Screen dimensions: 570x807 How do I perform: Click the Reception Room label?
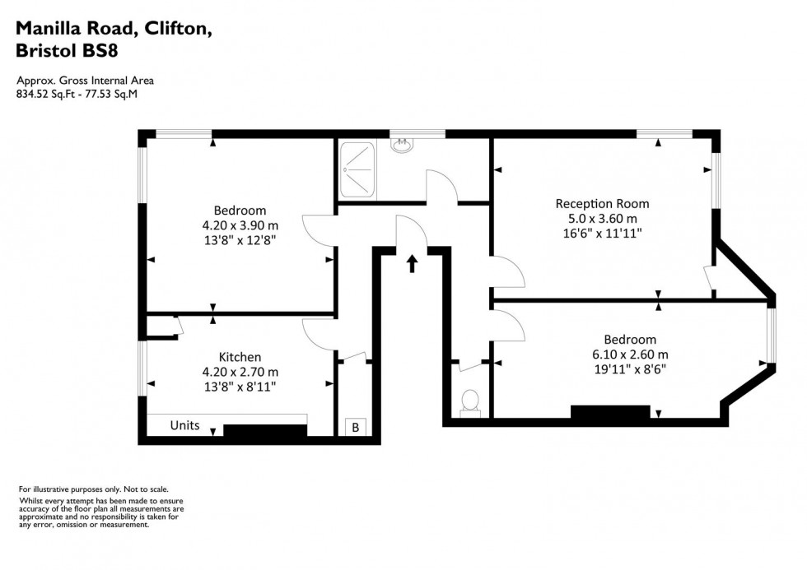[x=602, y=204]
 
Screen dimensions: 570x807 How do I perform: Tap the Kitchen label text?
[x=240, y=357]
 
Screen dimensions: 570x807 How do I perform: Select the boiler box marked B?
[x=356, y=428]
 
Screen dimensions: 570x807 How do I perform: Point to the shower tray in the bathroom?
[x=357, y=169]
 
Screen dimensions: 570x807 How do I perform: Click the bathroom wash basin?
[x=402, y=146]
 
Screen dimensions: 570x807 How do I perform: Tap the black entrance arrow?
[x=412, y=263]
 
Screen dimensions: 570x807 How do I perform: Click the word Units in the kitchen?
[x=184, y=425]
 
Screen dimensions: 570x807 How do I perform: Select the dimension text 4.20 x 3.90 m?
[x=240, y=225]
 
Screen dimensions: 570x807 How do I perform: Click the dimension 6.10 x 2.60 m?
[x=630, y=355]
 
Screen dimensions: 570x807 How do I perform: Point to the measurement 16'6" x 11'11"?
[x=602, y=234]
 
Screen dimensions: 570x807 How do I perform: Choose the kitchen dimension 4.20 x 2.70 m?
[x=240, y=371]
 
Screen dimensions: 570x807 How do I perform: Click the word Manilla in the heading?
[x=52, y=28]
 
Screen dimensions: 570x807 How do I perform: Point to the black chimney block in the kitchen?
[x=265, y=431]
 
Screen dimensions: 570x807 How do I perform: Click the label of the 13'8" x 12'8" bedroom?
[x=240, y=211]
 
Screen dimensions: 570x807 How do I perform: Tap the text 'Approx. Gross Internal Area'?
[x=85, y=81]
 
